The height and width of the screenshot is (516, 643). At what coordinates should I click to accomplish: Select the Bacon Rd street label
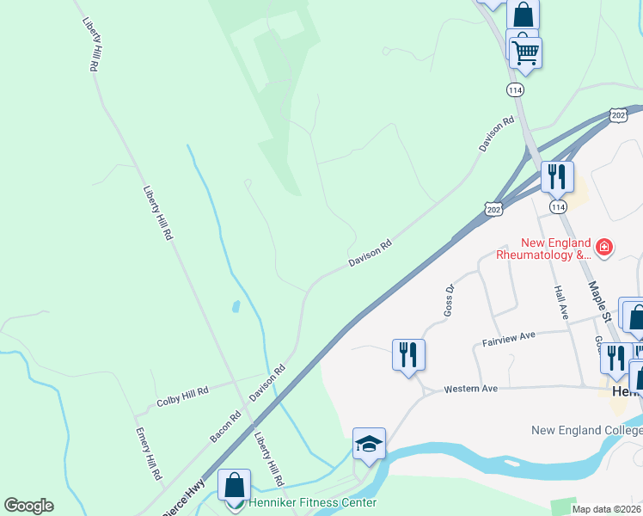point(225,427)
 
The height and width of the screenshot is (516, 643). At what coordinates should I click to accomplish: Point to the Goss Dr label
point(449,298)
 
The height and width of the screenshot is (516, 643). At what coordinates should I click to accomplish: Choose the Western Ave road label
point(470,390)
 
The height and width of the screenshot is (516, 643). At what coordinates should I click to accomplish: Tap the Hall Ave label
point(561,303)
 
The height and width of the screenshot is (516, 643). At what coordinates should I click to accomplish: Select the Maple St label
point(599,300)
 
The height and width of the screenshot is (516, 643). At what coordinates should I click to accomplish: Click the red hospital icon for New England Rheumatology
point(604,248)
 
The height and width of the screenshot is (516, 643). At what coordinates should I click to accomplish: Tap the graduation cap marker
point(369,444)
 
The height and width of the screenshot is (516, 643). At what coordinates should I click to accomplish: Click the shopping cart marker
point(525,52)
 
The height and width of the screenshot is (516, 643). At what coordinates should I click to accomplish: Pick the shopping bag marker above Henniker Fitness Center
point(234,485)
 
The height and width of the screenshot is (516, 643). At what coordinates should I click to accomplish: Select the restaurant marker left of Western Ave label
point(408,354)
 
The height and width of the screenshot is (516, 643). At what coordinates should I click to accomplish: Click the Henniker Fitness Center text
point(313,502)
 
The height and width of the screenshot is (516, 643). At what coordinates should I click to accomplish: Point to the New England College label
point(586,430)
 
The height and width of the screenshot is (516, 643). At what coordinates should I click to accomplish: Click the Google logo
point(28,506)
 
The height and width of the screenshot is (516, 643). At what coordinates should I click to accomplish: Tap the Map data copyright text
point(605,509)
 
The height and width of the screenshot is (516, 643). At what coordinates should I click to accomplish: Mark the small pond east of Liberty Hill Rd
point(236,305)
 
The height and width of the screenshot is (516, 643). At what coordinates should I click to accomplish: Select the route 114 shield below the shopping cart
point(515,90)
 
